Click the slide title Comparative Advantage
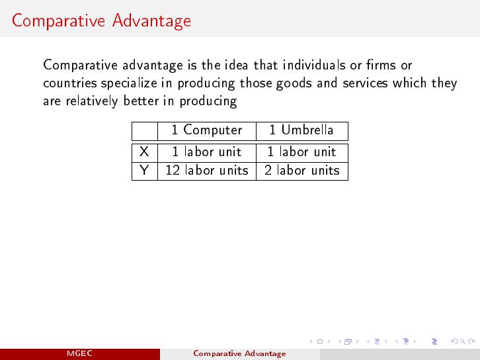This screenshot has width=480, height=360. (101, 21)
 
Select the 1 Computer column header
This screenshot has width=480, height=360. (207, 130)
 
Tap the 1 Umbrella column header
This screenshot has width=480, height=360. (301, 130)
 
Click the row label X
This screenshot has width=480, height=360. (144, 152)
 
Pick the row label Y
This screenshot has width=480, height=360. (144, 170)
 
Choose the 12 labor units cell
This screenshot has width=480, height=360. (207, 170)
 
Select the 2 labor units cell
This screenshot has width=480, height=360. (302, 170)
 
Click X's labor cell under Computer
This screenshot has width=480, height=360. (207, 152)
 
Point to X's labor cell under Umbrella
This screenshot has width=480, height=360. (301, 152)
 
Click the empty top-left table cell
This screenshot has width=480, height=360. (145, 132)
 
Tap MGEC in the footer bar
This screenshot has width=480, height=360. (79, 353)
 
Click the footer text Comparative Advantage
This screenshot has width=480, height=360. (240, 354)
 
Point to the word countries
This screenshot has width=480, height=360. (69, 83)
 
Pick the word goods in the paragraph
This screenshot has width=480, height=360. (294, 83)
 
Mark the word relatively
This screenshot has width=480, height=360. (92, 101)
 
